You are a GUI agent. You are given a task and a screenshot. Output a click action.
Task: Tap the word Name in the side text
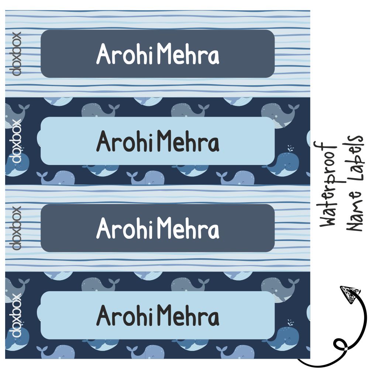point(356,215)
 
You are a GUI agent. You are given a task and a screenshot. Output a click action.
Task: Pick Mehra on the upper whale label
point(188,142)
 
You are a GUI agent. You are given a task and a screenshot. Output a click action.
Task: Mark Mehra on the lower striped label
point(188,229)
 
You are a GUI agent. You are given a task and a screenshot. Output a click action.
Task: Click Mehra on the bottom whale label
point(188,317)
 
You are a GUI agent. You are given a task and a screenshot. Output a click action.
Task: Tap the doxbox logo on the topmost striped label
point(17,54)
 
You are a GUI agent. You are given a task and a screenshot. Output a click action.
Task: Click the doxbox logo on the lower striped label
point(17,228)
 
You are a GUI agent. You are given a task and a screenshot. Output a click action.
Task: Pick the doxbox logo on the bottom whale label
point(17,315)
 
